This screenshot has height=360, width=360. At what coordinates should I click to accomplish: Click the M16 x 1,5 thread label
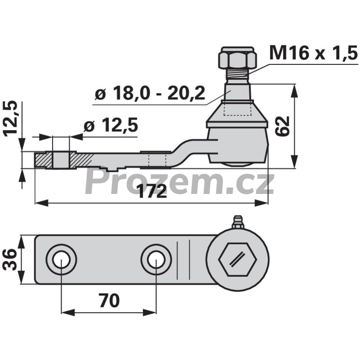313,53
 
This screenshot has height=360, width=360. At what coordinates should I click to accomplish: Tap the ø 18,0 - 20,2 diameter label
150,93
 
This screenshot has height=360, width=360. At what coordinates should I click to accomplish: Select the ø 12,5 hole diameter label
111,125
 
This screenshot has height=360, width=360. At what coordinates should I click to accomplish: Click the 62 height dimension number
283,126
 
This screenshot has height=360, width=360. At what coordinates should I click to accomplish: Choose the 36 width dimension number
9,260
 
